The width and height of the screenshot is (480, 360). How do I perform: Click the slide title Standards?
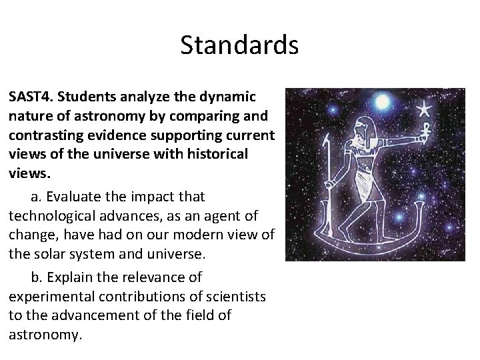(x=239, y=45)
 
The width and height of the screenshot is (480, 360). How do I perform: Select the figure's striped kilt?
(x=365, y=180)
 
